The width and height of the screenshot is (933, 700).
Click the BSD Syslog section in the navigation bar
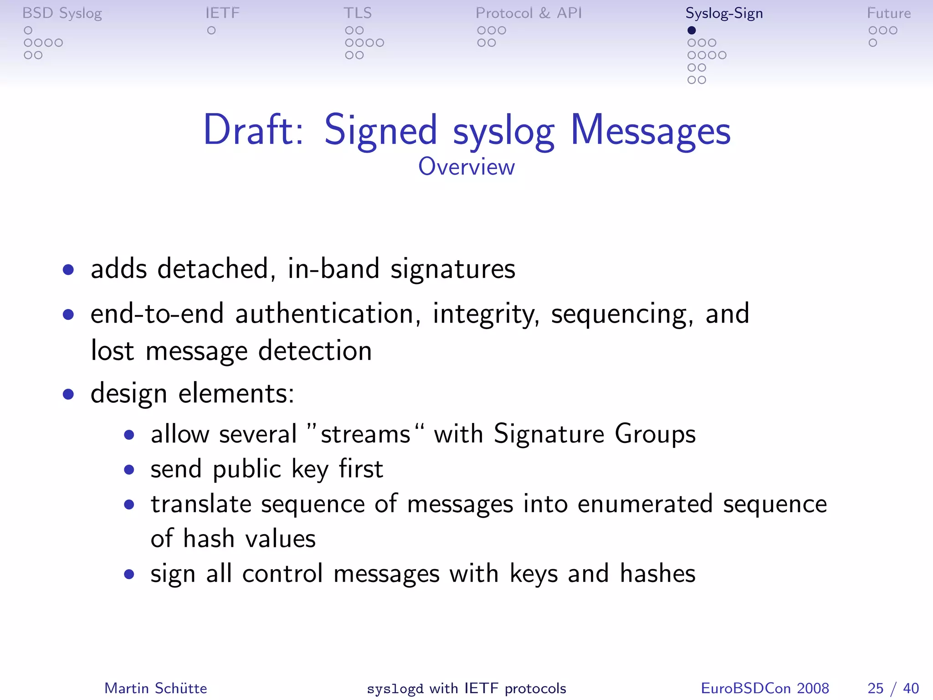(x=62, y=14)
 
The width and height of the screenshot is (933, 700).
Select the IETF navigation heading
(x=222, y=13)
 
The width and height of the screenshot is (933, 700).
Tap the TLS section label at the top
(x=358, y=13)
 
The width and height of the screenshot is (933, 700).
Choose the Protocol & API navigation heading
(x=528, y=13)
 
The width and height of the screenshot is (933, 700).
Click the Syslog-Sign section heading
(x=724, y=14)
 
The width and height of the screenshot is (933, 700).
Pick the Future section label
(x=888, y=13)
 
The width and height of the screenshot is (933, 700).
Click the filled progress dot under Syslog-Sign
(x=692, y=31)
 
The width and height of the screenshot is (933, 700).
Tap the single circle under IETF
(x=211, y=31)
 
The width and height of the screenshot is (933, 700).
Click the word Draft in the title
(x=253, y=130)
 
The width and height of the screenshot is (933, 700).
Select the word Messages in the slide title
(x=650, y=131)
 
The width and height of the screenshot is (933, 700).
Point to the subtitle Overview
(x=466, y=167)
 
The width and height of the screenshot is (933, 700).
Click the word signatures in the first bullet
(x=453, y=269)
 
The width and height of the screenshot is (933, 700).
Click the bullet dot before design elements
(x=69, y=394)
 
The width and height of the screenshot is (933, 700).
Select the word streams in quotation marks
(x=365, y=434)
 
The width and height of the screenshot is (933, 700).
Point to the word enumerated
(x=645, y=504)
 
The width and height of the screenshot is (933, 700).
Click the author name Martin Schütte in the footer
(x=156, y=688)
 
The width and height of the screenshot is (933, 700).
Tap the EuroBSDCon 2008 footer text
(x=764, y=688)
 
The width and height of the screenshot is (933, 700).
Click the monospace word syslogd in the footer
(x=395, y=689)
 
